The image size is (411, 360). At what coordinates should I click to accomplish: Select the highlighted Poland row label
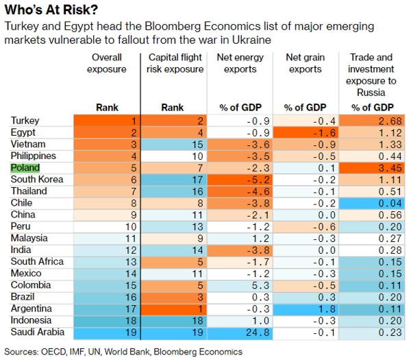[x=25, y=167]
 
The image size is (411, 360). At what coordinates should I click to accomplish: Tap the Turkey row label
[x=25, y=121]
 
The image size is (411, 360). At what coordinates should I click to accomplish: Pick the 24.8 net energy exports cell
[x=242, y=332]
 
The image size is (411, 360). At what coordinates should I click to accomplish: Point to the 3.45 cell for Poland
[x=372, y=167]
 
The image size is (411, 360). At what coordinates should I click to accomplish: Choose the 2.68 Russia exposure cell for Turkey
[x=372, y=121]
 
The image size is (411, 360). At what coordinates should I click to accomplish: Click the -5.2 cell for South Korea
[x=242, y=179]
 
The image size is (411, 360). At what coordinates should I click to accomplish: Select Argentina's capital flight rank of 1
[x=174, y=309]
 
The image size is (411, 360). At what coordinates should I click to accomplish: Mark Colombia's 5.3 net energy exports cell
[x=242, y=285]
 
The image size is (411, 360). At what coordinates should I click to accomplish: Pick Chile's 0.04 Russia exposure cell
[x=372, y=203]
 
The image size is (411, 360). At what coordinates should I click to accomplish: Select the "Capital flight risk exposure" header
[x=175, y=63]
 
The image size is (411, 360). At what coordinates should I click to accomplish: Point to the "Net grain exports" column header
[x=305, y=63]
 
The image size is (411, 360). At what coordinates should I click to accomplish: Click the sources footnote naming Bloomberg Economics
[x=123, y=351]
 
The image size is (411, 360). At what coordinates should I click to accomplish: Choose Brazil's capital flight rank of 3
[x=174, y=296]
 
